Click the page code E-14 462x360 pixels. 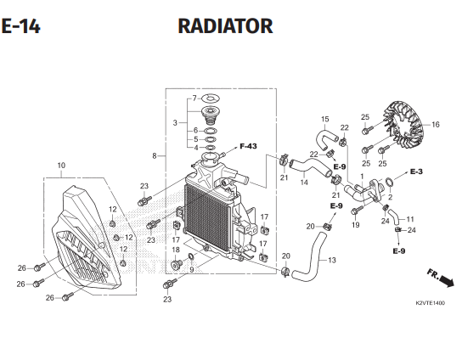tap(20, 26)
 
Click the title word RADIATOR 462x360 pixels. tap(225, 26)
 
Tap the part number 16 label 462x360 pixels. tap(436, 125)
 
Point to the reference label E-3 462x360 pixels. tap(416, 172)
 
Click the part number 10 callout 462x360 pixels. tap(60, 165)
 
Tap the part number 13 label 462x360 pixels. tap(331, 260)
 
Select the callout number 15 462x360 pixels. tap(324, 119)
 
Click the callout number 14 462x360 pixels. tap(303, 183)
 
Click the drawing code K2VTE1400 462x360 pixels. tap(431, 303)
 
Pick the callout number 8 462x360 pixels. tap(154, 156)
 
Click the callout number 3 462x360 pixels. tap(175, 123)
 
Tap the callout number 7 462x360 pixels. tap(194, 98)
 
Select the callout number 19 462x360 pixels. tap(356, 225)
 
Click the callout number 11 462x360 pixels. tap(410, 219)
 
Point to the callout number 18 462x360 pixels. tap(176, 250)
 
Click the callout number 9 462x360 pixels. tap(192, 269)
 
